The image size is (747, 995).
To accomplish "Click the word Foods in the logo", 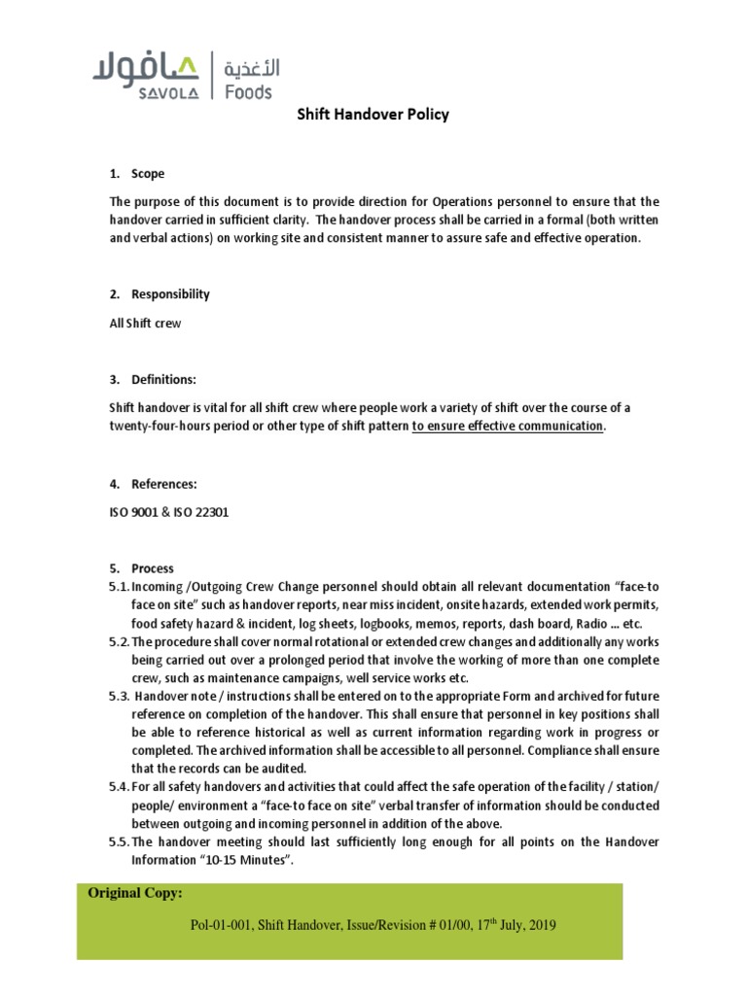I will (249, 92).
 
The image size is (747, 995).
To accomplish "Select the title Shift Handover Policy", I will (373, 115).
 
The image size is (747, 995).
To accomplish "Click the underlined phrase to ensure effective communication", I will (507, 427).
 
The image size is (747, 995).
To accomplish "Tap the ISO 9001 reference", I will (135, 512).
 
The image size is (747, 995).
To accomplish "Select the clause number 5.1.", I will (119, 587).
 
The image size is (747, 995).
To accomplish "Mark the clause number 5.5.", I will (119, 841).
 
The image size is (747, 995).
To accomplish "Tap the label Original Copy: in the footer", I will (135, 893).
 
